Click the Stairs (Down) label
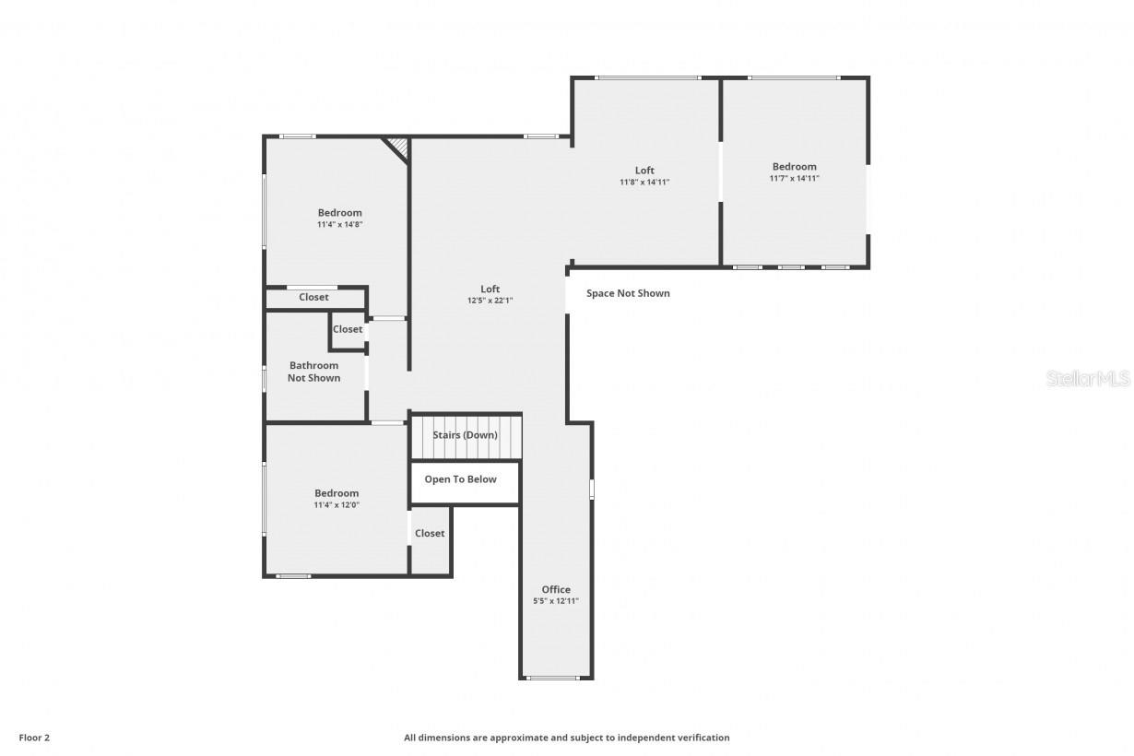point(465,435)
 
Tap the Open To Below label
point(460,479)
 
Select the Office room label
point(556,590)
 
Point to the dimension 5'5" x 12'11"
point(556,601)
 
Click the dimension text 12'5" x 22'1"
point(490,301)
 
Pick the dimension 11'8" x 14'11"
point(644,183)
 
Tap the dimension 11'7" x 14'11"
point(794,179)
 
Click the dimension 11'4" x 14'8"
point(339,224)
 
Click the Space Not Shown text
point(628,294)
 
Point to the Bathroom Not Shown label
point(313,372)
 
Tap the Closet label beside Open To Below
point(430,534)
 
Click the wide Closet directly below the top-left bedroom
point(313,298)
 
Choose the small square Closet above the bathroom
point(348,330)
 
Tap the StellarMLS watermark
point(1088,379)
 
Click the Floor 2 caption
point(34,738)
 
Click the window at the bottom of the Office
point(553,679)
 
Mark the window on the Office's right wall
point(592,489)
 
